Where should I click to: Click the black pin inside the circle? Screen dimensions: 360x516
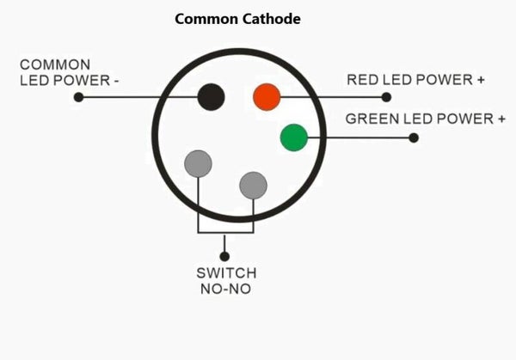(x=211, y=96)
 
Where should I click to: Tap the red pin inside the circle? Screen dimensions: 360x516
(x=267, y=96)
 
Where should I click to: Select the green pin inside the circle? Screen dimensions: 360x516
(x=294, y=137)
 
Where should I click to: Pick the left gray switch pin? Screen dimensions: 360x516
(x=199, y=163)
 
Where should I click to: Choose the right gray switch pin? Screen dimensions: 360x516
(x=254, y=184)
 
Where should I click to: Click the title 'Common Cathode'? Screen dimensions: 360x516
(x=237, y=18)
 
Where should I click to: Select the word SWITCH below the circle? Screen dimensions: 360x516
(x=226, y=273)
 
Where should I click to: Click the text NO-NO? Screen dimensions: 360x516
(x=226, y=289)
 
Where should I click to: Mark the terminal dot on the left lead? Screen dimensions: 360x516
(x=78, y=97)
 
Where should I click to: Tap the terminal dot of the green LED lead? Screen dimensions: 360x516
(x=414, y=137)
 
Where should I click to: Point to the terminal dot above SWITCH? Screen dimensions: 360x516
(x=225, y=255)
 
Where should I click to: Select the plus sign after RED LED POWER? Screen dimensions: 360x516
(x=480, y=80)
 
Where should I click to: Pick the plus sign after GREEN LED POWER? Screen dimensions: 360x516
(x=501, y=119)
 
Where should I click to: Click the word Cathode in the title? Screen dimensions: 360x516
(x=270, y=18)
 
